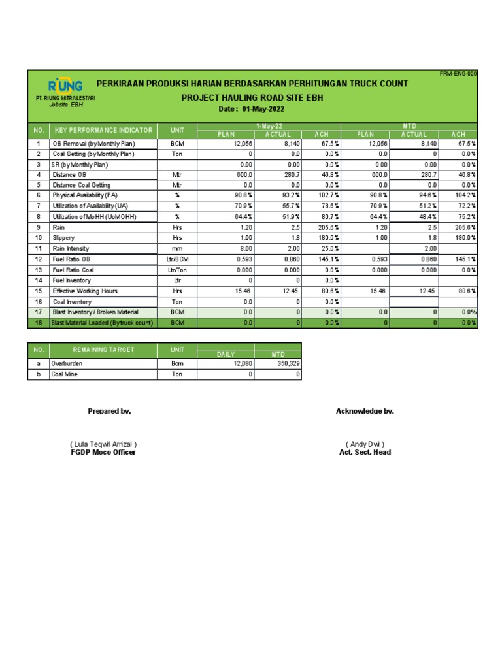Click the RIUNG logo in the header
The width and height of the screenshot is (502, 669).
pos(65,86)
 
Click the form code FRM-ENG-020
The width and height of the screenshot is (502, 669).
pos(458,74)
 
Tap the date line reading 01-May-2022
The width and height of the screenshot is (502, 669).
pos(252,109)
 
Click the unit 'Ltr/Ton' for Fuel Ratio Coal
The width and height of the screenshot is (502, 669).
pos(176,270)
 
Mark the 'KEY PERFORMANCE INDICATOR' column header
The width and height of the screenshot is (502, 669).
pos(103,130)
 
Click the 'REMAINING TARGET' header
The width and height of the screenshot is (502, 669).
pos(103,350)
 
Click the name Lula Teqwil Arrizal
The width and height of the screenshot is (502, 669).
pos(103,444)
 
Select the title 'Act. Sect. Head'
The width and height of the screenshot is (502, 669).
pos(365,452)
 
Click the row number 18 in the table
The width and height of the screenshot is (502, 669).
pos(39,323)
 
